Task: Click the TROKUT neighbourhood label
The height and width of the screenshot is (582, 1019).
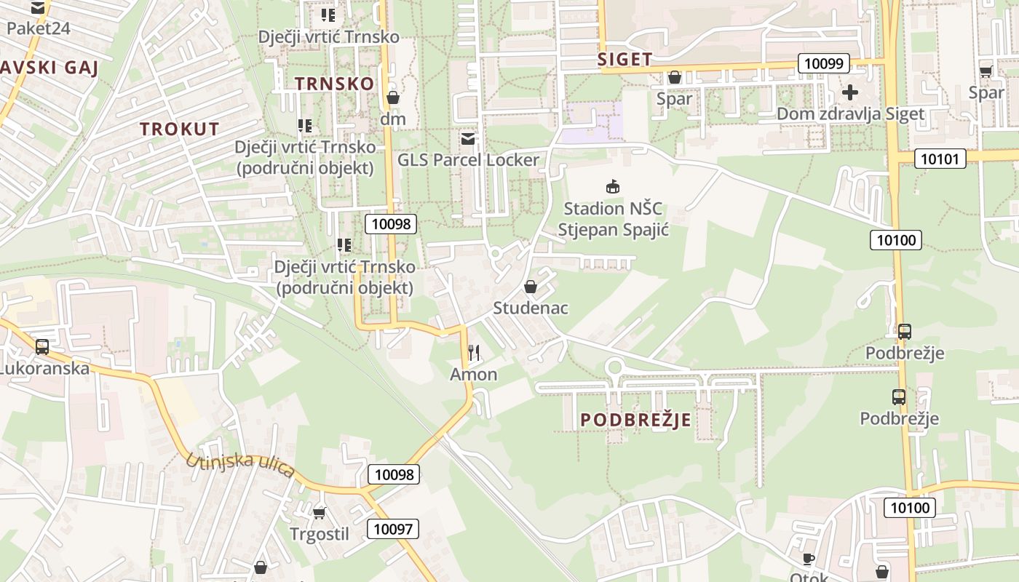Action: click(x=179, y=129)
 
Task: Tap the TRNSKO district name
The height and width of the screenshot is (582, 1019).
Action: click(x=335, y=84)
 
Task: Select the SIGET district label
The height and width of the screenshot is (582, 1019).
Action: click(x=625, y=60)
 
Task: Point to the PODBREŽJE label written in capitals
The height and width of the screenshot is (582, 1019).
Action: click(x=635, y=420)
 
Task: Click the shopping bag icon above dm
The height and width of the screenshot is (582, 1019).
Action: click(x=393, y=97)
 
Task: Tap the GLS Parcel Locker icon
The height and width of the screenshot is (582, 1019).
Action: click(x=467, y=138)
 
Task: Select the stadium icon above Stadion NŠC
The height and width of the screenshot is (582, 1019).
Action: click(x=613, y=187)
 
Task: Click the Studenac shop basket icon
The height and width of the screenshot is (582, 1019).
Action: click(x=531, y=287)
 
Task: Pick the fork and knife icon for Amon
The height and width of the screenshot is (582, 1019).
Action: click(x=474, y=353)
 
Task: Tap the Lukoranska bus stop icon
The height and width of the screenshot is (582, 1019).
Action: click(x=42, y=346)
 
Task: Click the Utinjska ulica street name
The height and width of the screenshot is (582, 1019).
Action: click(x=239, y=465)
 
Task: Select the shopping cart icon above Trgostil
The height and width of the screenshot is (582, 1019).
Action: click(x=319, y=513)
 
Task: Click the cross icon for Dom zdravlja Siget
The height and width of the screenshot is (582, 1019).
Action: click(x=849, y=92)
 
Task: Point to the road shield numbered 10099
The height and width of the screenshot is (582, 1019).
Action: click(x=824, y=63)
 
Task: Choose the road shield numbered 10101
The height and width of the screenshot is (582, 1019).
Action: click(x=940, y=159)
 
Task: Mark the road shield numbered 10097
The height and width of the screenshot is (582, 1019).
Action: click(x=393, y=529)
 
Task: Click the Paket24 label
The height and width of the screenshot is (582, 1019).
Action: click(x=37, y=28)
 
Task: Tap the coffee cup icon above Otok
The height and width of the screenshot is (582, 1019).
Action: click(x=808, y=559)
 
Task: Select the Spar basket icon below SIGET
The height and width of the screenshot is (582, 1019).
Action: click(x=674, y=77)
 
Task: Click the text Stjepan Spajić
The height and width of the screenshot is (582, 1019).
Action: click(x=613, y=230)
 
